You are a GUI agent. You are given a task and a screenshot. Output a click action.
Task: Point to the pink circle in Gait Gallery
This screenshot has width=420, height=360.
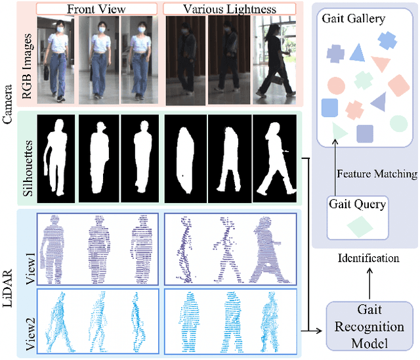click(x=335, y=86)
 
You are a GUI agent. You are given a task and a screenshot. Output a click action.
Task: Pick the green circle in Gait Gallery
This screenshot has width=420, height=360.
click(x=398, y=123)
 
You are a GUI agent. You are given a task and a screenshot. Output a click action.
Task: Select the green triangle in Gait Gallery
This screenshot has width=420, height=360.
click(x=339, y=131)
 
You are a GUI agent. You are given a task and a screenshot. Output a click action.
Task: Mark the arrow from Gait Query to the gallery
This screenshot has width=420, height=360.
click(x=334, y=171)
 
